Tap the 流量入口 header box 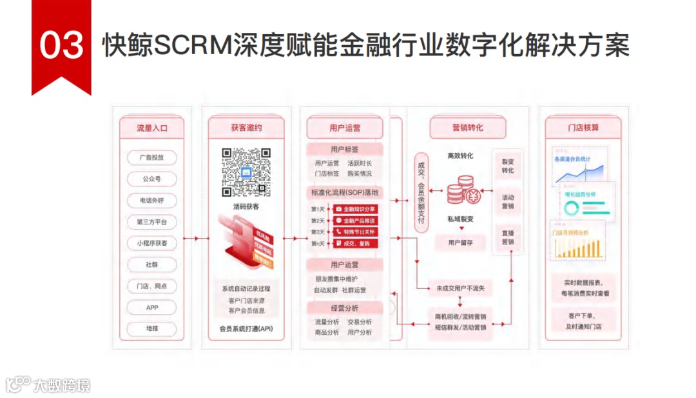point(151,128)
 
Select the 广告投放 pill point(151,157)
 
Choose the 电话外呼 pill point(151,201)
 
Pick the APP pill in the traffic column point(151,308)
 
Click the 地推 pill point(151,329)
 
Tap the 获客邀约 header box point(246,128)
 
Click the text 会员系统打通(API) point(246,329)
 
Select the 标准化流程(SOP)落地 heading point(345,192)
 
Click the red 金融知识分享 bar point(355,209)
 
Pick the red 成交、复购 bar point(355,243)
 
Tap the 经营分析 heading point(345,308)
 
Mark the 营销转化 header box point(467,128)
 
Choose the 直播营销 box point(508,237)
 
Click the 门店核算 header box point(583,128)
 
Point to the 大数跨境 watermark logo point(48,385)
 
